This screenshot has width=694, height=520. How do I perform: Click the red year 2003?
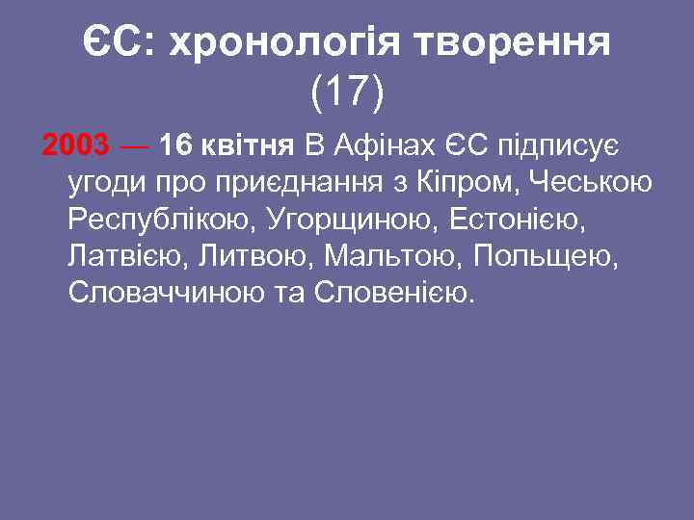pos(76,146)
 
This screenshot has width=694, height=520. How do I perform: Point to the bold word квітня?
pos(247,146)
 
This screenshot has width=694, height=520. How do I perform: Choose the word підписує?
pos(552,146)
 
